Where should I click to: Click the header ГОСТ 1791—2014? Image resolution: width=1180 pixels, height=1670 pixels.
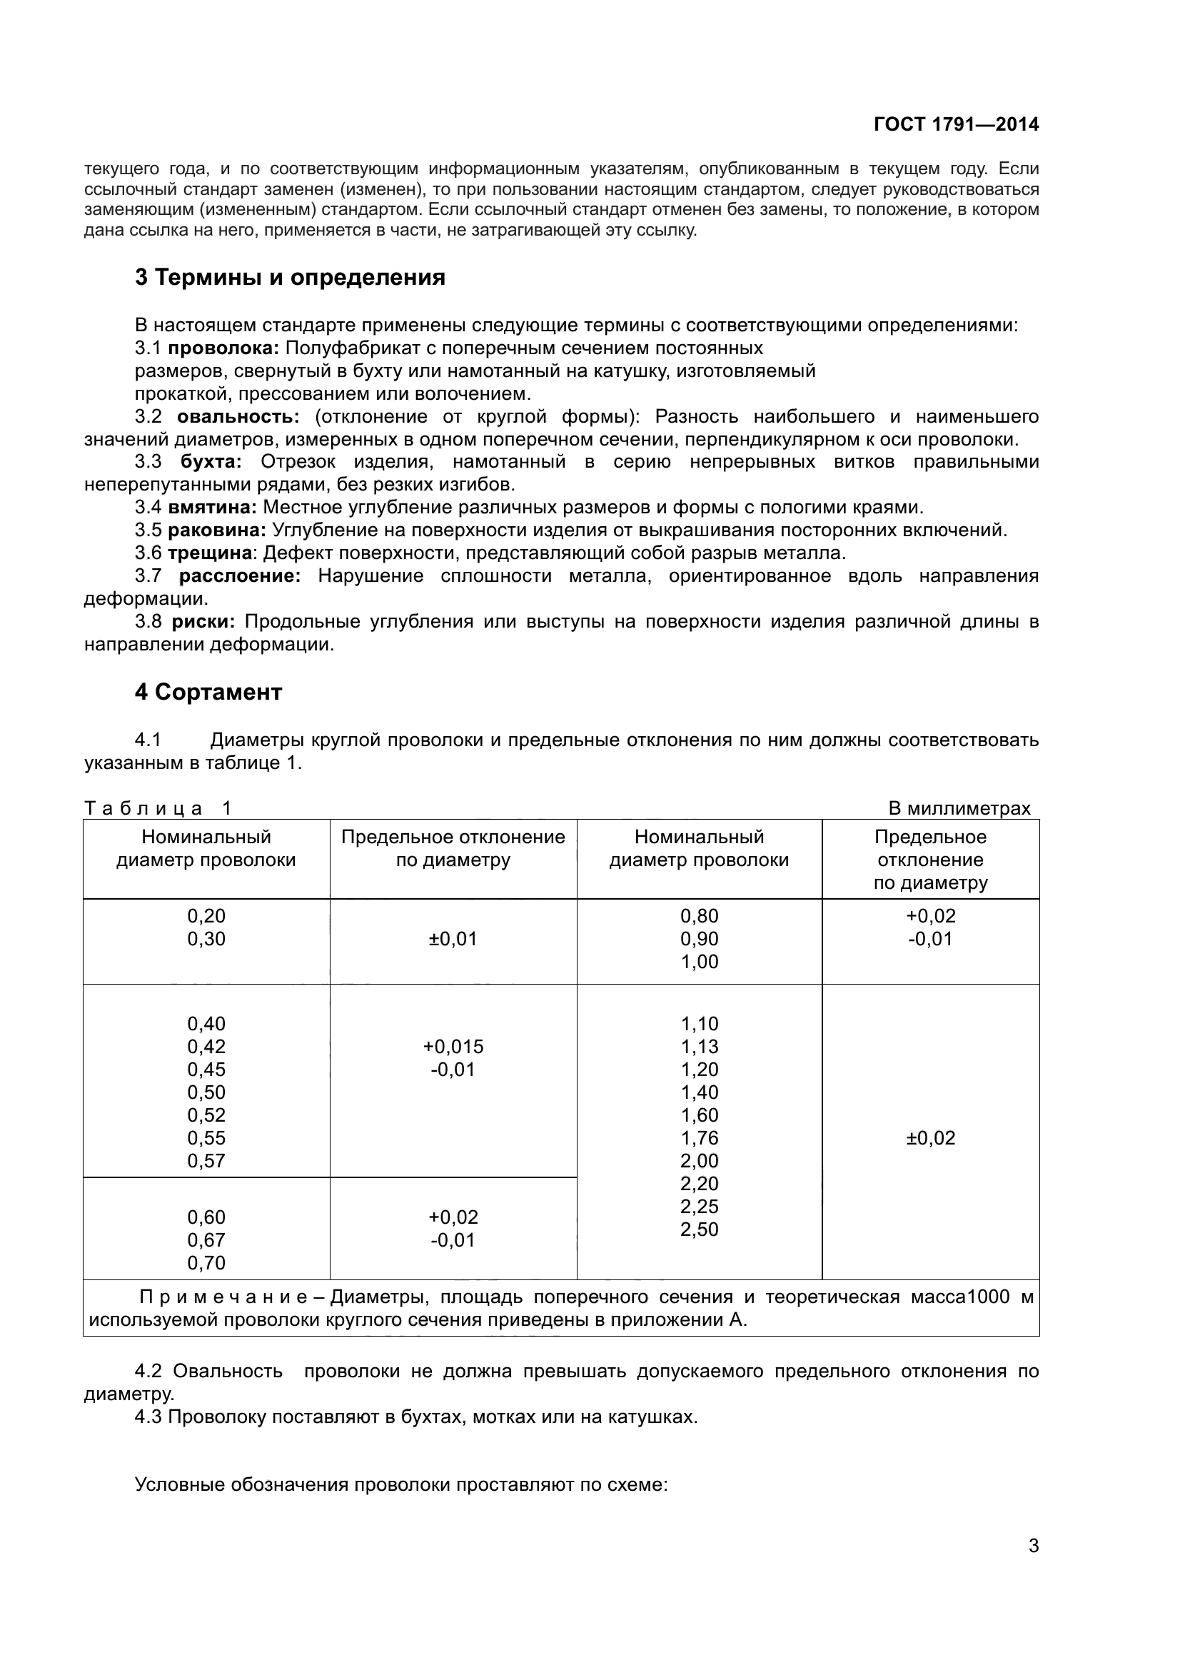click(955, 124)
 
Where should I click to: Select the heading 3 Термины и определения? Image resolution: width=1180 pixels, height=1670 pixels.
click(289, 277)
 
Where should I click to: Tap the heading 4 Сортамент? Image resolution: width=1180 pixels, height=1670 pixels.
click(208, 692)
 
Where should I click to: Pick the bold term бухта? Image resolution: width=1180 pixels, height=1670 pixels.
click(210, 462)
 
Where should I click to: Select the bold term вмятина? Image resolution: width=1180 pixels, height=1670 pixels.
click(212, 507)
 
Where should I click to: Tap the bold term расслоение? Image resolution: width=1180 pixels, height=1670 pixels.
click(239, 576)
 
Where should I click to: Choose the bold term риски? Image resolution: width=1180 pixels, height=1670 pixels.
click(203, 621)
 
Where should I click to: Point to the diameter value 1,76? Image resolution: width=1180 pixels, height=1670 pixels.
click(699, 1137)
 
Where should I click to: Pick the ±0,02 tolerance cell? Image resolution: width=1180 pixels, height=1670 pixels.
click(930, 1137)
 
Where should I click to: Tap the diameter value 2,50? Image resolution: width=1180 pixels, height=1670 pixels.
click(699, 1229)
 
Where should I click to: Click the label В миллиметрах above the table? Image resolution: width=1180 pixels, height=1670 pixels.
click(959, 808)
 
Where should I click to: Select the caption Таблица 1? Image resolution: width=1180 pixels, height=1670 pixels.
click(158, 808)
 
